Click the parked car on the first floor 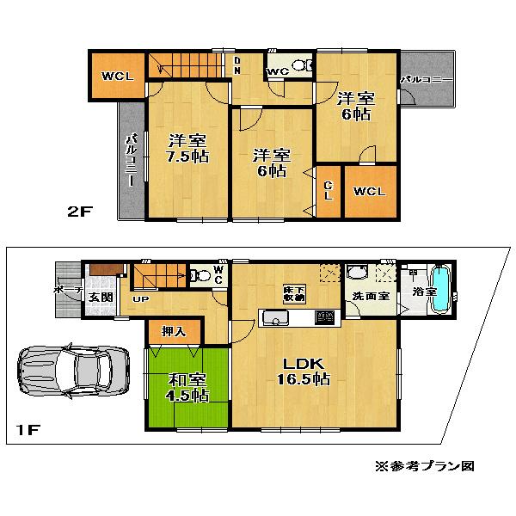point(69,372)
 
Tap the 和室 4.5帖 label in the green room point(187,387)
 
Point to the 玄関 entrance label point(100,298)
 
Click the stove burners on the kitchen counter point(324,319)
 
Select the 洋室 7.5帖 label point(186,148)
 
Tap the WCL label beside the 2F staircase point(117,77)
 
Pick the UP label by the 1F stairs point(138,300)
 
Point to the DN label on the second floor point(237,66)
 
